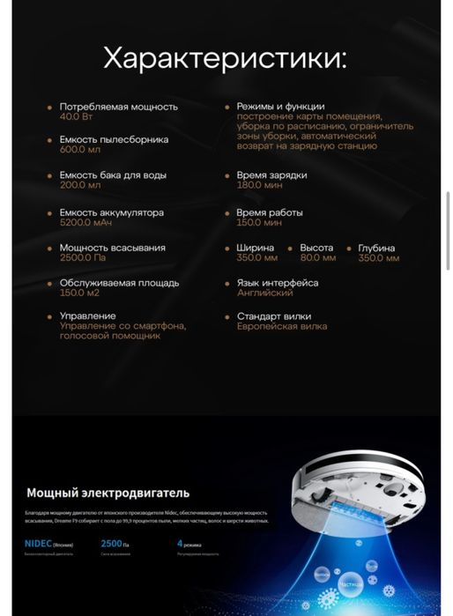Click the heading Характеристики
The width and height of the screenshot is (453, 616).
tap(225, 59)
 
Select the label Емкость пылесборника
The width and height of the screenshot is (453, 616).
tap(114, 139)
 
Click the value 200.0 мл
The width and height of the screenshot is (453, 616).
tap(80, 185)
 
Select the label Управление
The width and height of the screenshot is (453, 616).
tap(87, 315)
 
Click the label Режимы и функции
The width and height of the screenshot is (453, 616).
tap(280, 106)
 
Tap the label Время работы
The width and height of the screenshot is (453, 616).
tap(269, 212)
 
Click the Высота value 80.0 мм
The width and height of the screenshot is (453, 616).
tap(317, 258)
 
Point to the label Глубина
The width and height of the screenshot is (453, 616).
tap(376, 248)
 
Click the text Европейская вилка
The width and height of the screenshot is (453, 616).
tap(281, 326)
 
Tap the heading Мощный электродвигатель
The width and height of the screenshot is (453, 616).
tap(108, 493)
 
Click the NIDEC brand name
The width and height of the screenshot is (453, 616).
tap(39, 544)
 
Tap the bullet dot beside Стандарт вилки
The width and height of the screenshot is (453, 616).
tap(226, 315)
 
